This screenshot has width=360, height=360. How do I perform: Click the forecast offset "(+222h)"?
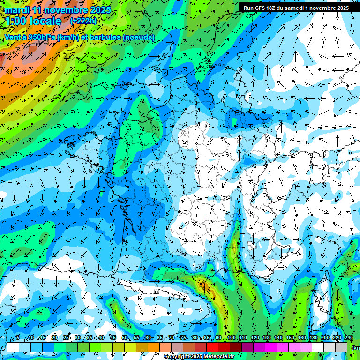[x=83, y=21]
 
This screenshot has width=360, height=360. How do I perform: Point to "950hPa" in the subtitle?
[x=41, y=37]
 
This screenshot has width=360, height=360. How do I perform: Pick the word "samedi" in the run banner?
[x=301, y=8]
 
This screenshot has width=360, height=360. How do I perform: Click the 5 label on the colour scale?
[x=18, y=338]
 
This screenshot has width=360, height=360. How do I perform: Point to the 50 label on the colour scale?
[x=124, y=338]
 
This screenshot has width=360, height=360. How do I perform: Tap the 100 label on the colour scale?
[x=231, y=338]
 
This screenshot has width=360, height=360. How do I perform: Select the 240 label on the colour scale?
[x=348, y=338]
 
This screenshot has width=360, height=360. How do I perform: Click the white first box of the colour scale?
[x=13, y=347]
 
